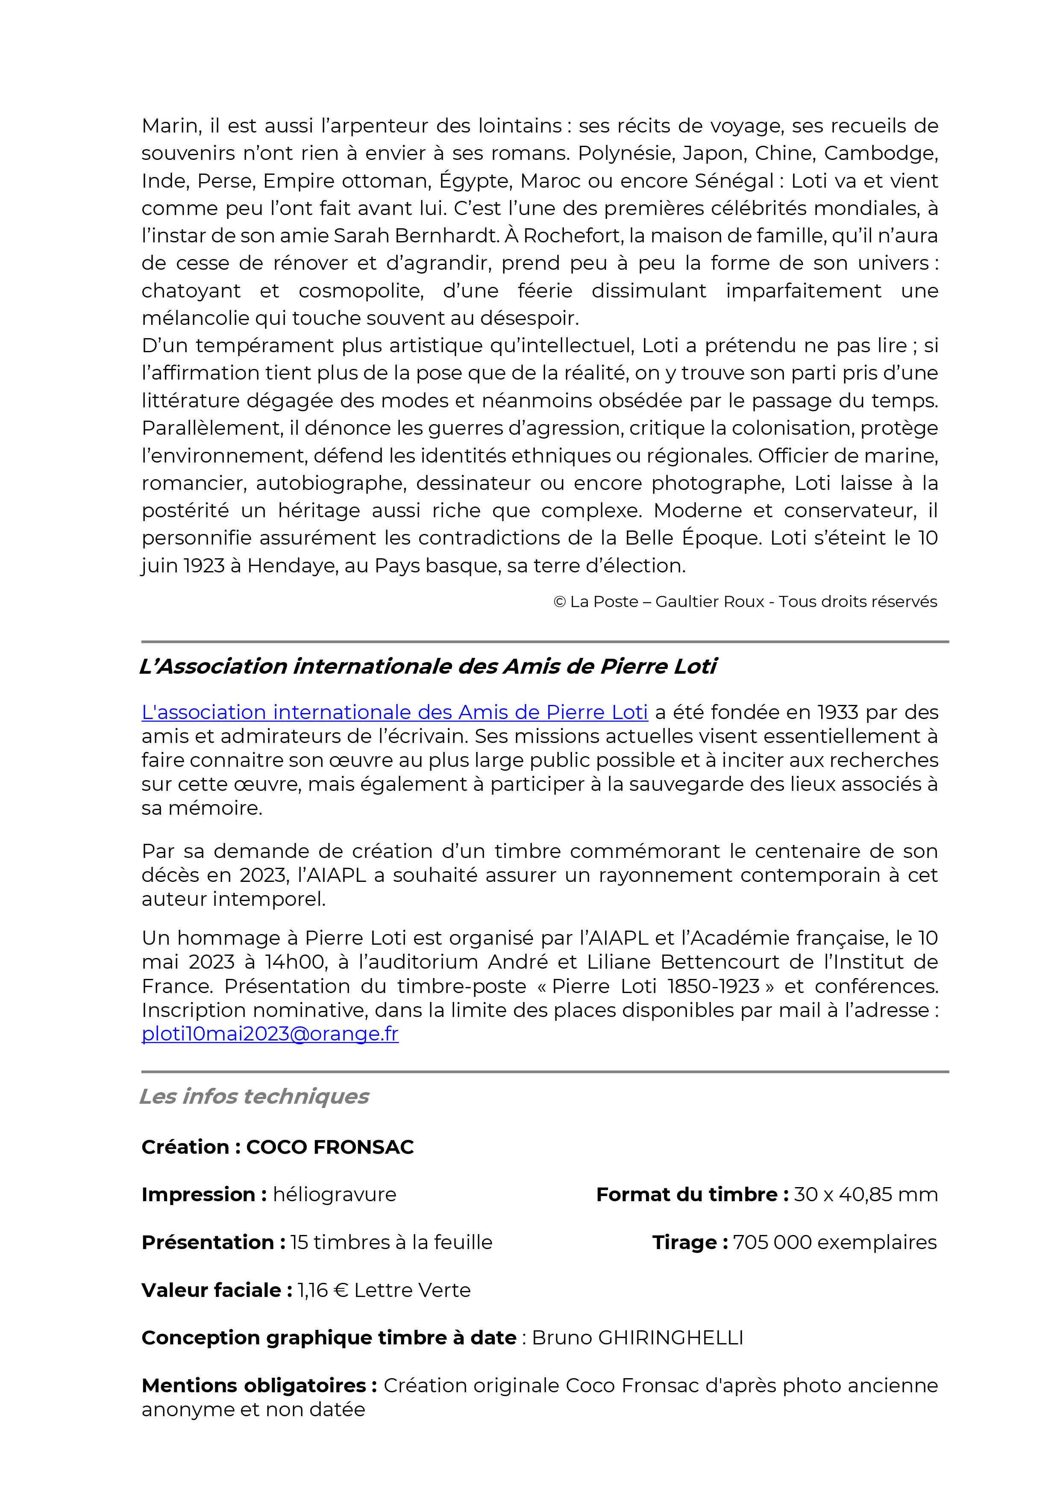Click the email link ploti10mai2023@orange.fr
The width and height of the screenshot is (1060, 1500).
270,1034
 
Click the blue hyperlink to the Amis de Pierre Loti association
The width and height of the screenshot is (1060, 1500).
394,712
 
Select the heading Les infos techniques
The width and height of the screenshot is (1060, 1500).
254,1096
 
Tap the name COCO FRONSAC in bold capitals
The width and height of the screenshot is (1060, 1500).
330,1147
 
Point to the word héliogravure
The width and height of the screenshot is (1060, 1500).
335,1195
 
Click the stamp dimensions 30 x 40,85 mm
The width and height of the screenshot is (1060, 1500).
865,1195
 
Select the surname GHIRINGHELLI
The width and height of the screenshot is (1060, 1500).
670,1338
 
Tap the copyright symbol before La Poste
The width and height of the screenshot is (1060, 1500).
559,602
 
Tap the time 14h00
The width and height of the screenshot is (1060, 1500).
296,962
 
